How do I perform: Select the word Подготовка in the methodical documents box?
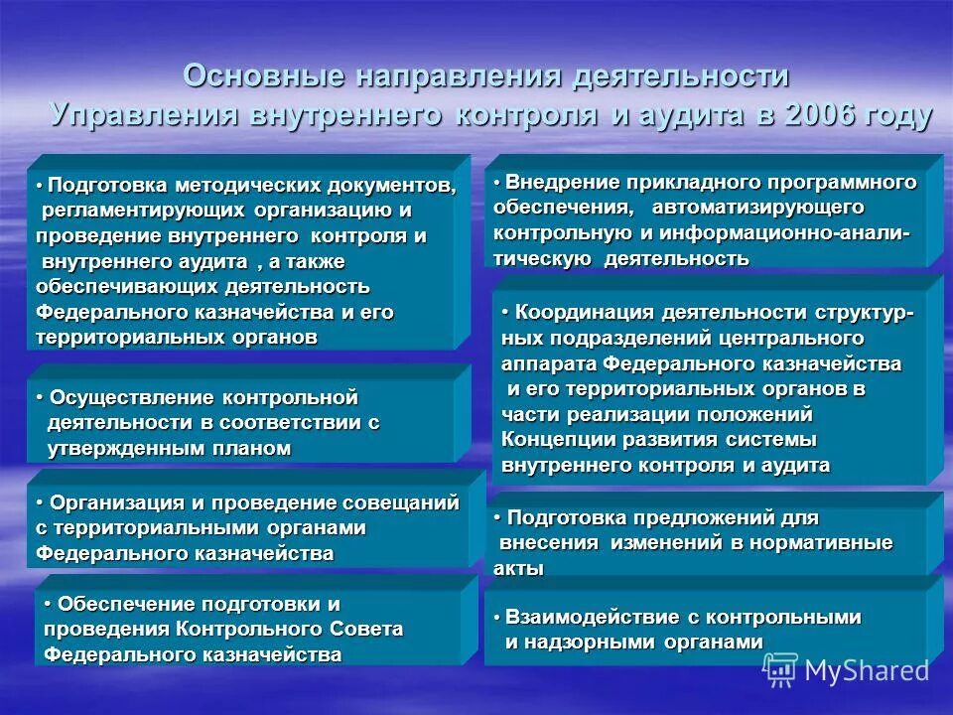click(109, 186)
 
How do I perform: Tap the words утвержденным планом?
click(170, 449)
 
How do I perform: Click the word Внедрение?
click(551, 182)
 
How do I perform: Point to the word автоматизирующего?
click(758, 208)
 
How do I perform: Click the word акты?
click(518, 569)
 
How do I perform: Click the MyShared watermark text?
click(867, 670)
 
